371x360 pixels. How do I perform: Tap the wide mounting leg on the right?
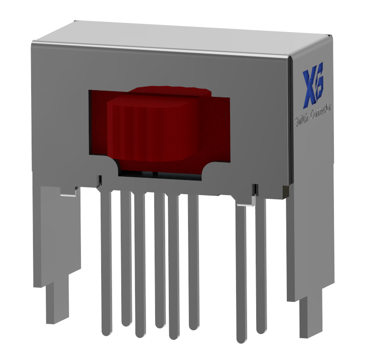click(x=311, y=247)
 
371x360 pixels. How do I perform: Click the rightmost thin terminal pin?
click(x=261, y=266)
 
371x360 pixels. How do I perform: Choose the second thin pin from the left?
click(x=126, y=256)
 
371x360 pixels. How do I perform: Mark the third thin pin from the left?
click(x=140, y=266)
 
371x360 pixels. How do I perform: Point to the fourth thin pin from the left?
click(x=159, y=261)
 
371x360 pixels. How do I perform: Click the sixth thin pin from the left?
click(x=194, y=261)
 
